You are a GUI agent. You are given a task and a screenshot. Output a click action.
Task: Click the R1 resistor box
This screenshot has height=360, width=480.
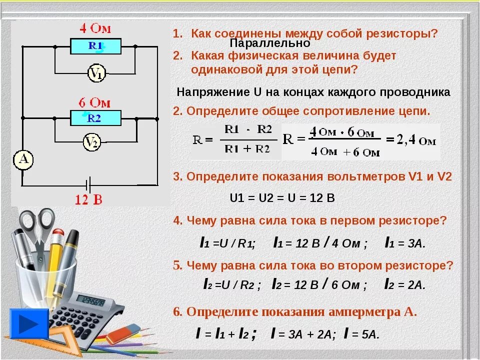click(95, 46)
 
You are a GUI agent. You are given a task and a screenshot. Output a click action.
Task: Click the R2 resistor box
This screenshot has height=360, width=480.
click(95, 118)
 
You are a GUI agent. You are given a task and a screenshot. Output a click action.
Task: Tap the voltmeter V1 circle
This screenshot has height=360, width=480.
click(96, 74)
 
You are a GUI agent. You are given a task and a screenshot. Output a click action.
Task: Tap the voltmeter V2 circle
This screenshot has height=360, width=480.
click(91, 143)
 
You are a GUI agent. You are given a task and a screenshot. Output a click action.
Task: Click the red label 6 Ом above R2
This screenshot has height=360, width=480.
click(94, 102)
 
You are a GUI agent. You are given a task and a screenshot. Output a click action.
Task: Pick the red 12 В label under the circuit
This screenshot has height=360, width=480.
click(88, 200)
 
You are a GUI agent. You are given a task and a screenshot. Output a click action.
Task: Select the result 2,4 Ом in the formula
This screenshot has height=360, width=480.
click(413, 140)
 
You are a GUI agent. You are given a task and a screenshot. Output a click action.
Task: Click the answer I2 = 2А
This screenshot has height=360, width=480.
click(404, 285)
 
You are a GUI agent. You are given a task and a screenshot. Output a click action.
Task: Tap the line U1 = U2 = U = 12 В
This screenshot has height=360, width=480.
click(282, 198)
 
